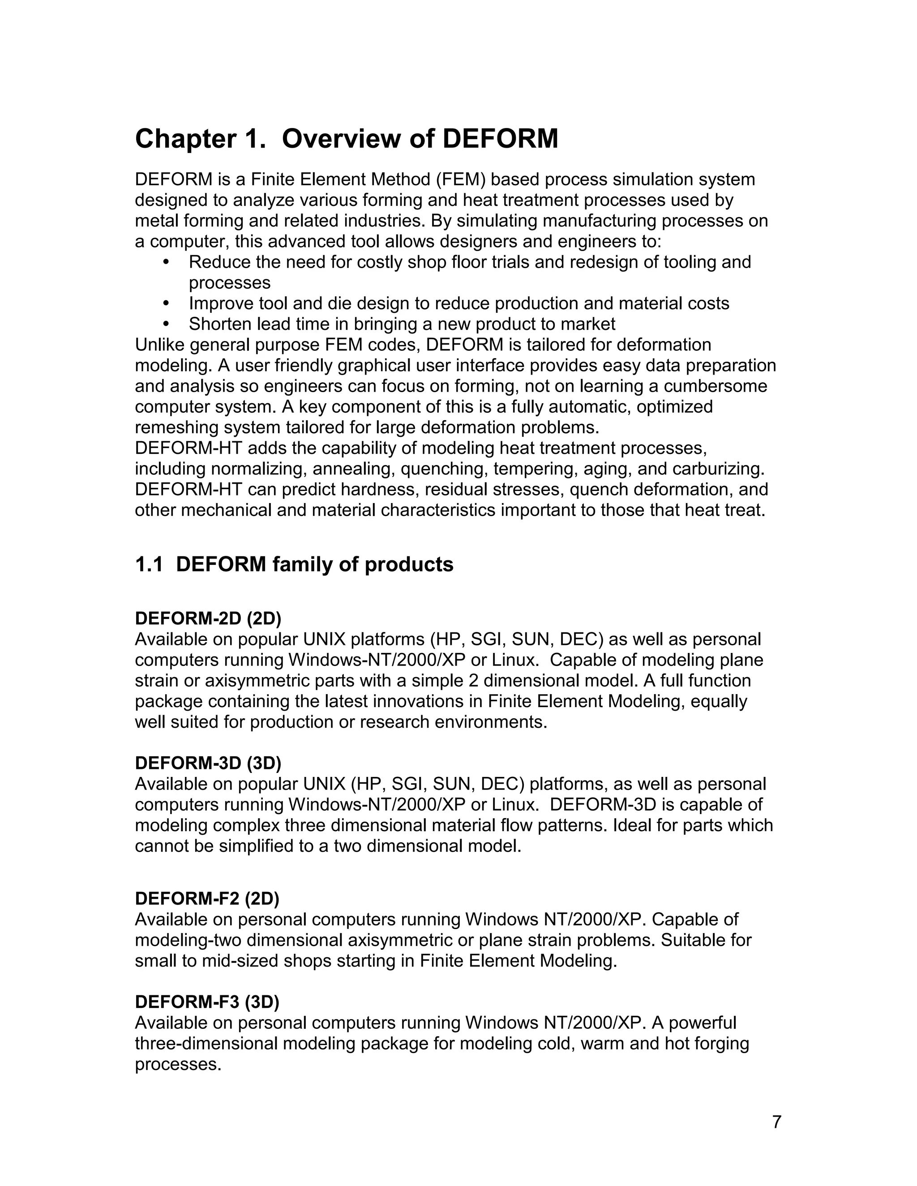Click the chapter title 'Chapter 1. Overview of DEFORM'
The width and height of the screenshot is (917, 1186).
coord(346,138)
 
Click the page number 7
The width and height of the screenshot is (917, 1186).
coord(776,1122)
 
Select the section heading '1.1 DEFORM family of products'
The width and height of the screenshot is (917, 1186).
coord(294,564)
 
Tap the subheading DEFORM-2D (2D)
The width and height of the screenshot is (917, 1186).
coord(208,618)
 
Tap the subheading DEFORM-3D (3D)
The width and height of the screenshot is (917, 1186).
coord(208,763)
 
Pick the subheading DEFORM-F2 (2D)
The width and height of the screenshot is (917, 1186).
coord(207,899)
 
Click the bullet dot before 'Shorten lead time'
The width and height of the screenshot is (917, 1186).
coord(166,324)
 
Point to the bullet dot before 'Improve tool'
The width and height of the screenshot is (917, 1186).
coord(166,303)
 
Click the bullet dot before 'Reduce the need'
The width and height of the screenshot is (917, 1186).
coord(166,262)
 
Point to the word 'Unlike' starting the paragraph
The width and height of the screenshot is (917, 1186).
coord(159,345)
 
